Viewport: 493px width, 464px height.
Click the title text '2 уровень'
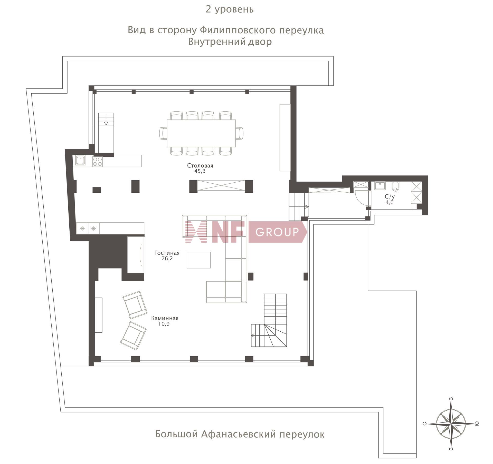pyautogui.click(x=230, y=9)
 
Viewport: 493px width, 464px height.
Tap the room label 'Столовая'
pyautogui.click(x=200, y=165)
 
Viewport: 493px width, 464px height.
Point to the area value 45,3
pyautogui.click(x=200, y=171)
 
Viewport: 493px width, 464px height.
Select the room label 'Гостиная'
pyautogui.click(x=167, y=253)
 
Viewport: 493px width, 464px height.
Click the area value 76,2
pyautogui.click(x=167, y=259)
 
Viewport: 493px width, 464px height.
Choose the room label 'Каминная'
pyautogui.click(x=165, y=318)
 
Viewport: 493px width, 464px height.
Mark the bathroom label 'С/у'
pyautogui.click(x=390, y=197)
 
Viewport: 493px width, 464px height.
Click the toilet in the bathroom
pyautogui.click(x=396, y=186)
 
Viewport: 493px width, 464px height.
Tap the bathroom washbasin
pyautogui.click(x=380, y=185)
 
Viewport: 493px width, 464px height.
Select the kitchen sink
pyautogui.click(x=80, y=161)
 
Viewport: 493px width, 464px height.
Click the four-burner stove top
pyautogui.click(x=98, y=162)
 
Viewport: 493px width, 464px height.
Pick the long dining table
pyautogui.click(x=201, y=133)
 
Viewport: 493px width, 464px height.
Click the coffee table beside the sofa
pyautogui.click(x=198, y=260)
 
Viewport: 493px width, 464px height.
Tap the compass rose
pyautogui.click(x=451, y=424)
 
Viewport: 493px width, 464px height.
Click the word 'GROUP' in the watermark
pyautogui.click(x=277, y=232)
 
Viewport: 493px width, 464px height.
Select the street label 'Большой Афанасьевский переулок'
pyautogui.click(x=240, y=434)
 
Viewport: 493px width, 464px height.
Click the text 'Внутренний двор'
pyautogui.click(x=230, y=42)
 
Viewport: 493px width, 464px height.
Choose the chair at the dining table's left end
pyautogui.click(x=163, y=133)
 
